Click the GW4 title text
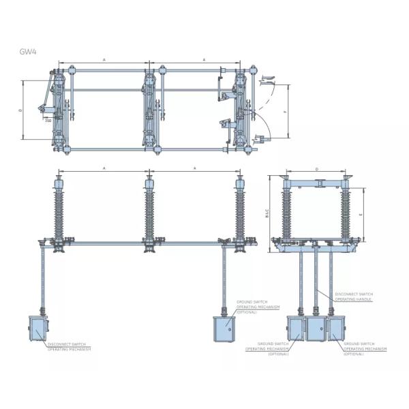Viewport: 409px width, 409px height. click(28, 50)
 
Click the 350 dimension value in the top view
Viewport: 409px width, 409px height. click(48, 121)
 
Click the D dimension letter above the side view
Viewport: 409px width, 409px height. click(317, 169)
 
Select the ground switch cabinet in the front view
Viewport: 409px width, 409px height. click(224, 331)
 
